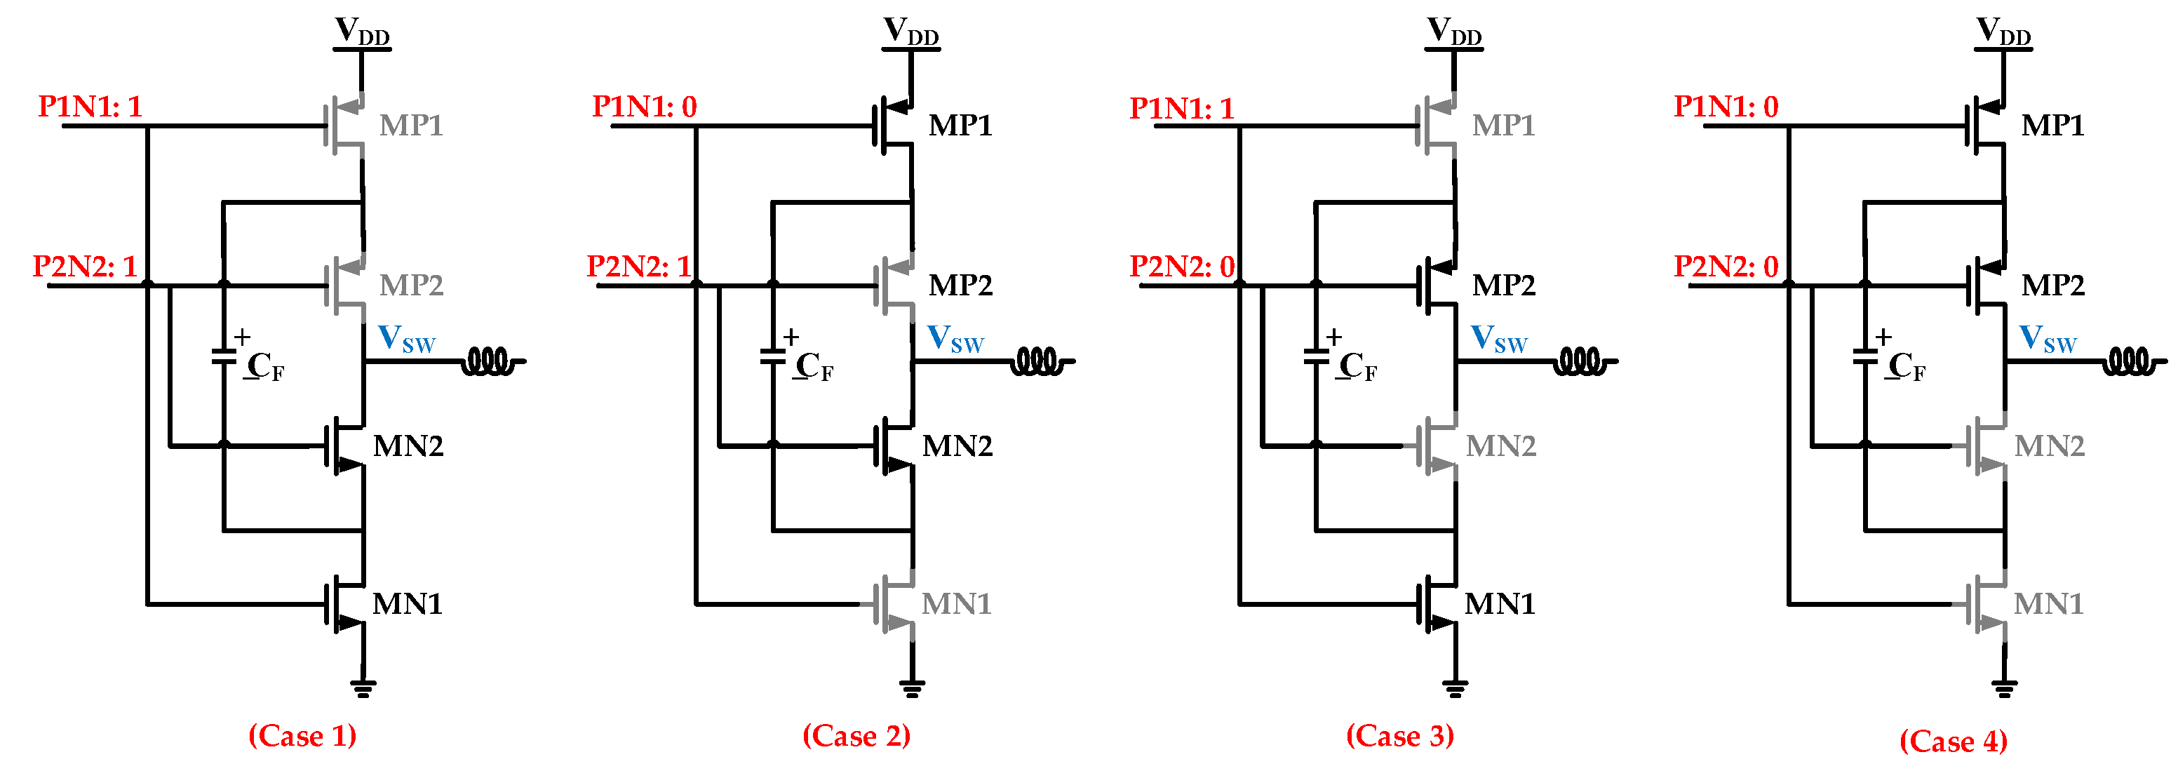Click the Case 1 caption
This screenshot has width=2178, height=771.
pyautogui.click(x=302, y=735)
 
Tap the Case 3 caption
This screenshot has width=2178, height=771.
pyautogui.click(x=1399, y=735)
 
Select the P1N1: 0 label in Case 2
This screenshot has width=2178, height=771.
pyautogui.click(x=644, y=107)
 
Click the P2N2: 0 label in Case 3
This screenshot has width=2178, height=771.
pyautogui.click(x=1182, y=267)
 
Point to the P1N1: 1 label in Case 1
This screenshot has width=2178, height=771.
pyautogui.click(x=90, y=107)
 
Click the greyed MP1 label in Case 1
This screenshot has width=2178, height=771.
pyautogui.click(x=411, y=125)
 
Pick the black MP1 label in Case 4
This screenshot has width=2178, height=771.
pyautogui.click(x=2053, y=125)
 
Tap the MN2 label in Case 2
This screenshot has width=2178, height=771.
pyautogui.click(x=957, y=445)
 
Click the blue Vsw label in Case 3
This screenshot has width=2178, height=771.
pyautogui.click(x=1499, y=339)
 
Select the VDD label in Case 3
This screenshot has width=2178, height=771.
pyautogui.click(x=1454, y=32)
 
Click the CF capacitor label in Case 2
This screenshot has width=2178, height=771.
pyautogui.click(x=814, y=367)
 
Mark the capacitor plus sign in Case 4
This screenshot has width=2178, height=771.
pyautogui.click(x=1883, y=337)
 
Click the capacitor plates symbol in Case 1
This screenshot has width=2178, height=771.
pyautogui.click(x=223, y=357)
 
